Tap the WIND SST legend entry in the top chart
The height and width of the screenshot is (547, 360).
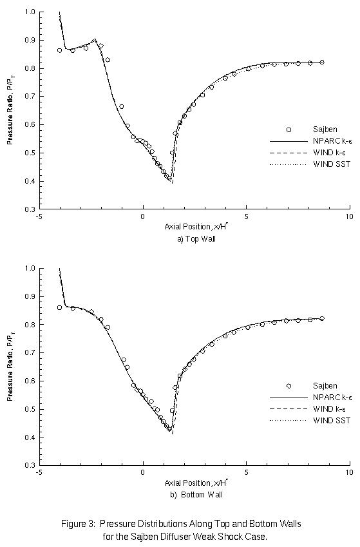332,164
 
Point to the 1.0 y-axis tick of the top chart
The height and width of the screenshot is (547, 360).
30,12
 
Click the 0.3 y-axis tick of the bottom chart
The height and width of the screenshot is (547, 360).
30,465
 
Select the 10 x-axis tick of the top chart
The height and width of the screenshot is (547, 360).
349,217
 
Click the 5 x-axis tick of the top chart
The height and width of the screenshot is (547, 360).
246,217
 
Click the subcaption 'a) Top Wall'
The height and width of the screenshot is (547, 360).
194,239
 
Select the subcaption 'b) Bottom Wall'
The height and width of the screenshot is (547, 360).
194,494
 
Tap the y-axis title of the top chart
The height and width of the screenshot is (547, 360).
11,110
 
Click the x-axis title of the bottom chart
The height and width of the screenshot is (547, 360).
194,483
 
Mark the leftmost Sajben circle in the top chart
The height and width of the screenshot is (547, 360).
60,50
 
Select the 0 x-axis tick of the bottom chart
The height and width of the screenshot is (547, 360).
143,472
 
